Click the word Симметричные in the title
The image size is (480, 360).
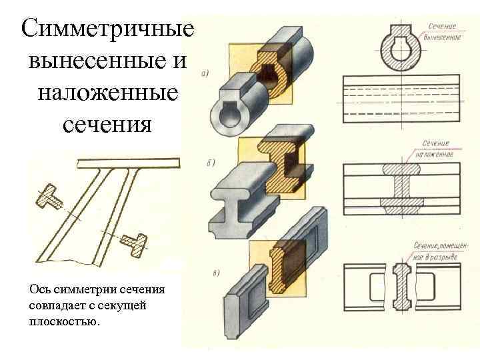pyautogui.click(x=107, y=29)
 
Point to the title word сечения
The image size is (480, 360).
pyautogui.click(x=107, y=124)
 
